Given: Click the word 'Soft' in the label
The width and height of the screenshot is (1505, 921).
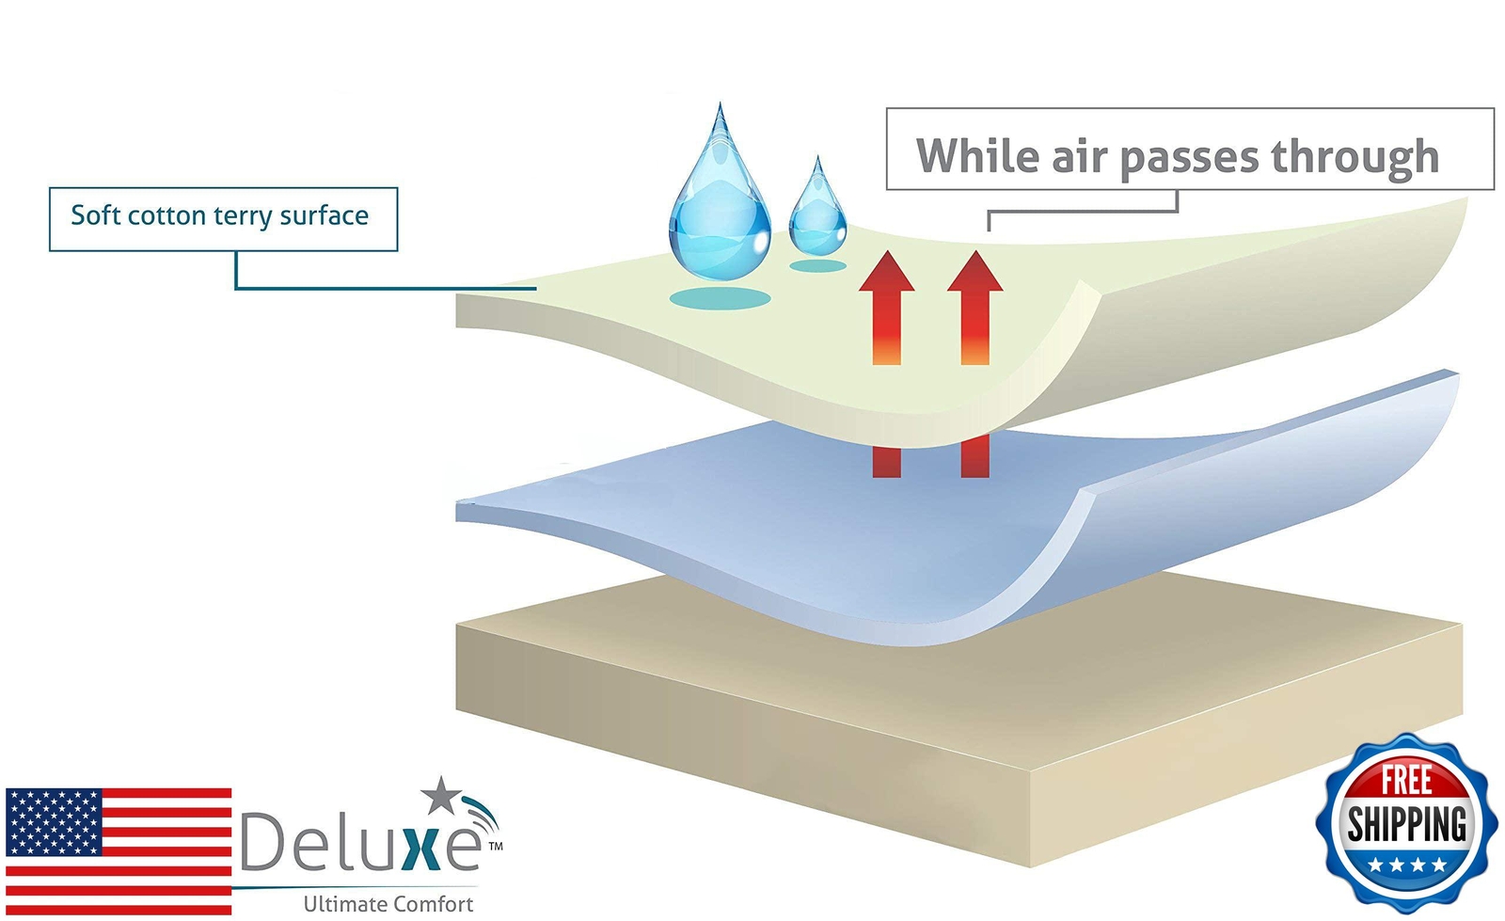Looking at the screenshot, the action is [x=95, y=215].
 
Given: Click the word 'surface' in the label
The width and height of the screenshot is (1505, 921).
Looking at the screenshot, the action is [x=325, y=215].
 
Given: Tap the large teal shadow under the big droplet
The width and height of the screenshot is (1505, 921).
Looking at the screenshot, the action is [x=721, y=299].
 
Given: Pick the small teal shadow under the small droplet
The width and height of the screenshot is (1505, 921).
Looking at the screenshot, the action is [x=817, y=266].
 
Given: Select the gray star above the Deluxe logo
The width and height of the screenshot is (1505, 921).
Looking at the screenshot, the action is [x=439, y=796].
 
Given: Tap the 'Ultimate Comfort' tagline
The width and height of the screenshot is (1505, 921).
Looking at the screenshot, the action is [x=388, y=904].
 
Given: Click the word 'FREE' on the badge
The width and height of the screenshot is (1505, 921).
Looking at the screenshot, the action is [x=1406, y=781].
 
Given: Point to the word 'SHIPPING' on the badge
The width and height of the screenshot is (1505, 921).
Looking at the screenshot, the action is [x=1406, y=824].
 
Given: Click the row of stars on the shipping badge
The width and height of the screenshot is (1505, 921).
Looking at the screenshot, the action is [x=1406, y=864].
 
